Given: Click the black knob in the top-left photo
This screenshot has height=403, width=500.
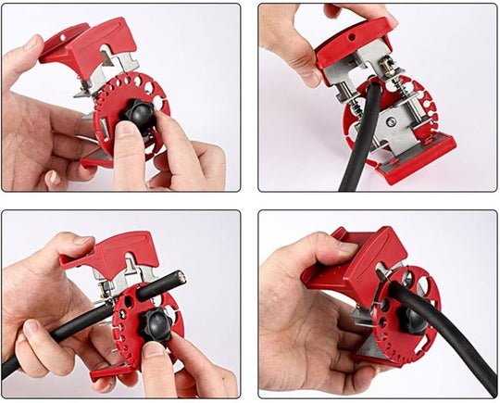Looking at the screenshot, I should click(x=140, y=115).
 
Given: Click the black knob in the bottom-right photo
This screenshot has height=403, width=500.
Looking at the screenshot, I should click(x=413, y=319).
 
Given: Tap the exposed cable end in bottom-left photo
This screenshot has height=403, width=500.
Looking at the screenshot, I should click(x=177, y=276).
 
